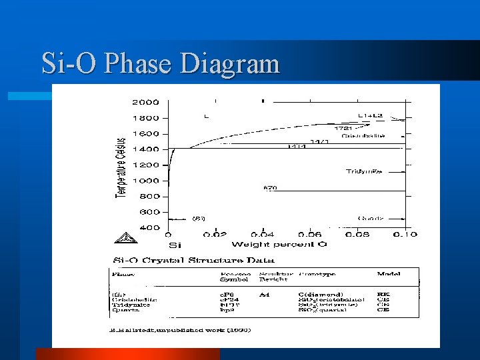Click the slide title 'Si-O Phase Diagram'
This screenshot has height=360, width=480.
click(160, 64)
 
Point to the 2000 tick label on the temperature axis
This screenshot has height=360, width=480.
click(145, 102)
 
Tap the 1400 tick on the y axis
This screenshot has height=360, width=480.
click(145, 149)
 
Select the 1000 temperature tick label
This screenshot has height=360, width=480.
click(145, 181)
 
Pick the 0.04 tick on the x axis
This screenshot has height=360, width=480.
click(263, 235)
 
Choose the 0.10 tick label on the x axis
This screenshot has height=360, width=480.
click(405, 235)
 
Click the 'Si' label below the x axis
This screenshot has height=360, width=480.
click(174, 245)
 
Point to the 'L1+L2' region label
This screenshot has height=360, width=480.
click(370, 115)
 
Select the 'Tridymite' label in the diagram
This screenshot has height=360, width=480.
click(364, 171)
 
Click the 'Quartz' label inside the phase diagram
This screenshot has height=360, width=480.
click(370, 218)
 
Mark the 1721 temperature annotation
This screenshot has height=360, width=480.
click(343, 128)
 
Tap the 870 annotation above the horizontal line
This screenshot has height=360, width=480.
click(270, 188)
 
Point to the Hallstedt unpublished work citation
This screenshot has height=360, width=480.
click(181, 330)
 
